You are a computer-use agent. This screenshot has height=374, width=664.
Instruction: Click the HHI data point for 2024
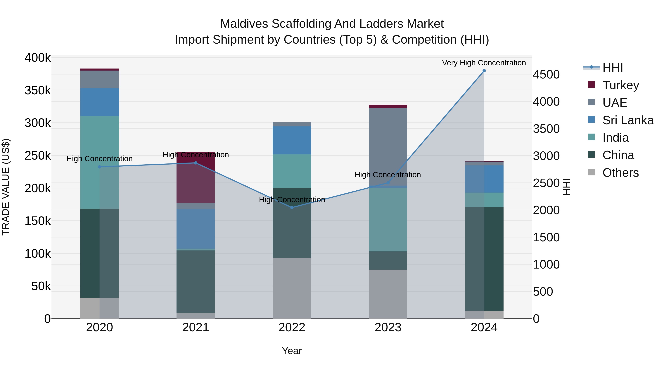pyautogui.click(x=484, y=71)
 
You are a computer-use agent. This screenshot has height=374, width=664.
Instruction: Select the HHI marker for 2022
pyautogui.click(x=292, y=208)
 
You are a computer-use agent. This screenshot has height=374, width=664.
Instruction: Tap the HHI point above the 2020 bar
pyautogui.click(x=99, y=167)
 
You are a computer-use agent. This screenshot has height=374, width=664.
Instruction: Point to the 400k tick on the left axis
pyautogui.click(x=38, y=58)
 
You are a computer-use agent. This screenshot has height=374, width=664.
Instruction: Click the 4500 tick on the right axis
pyautogui.click(x=546, y=75)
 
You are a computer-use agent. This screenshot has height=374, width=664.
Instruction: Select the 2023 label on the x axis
pyautogui.click(x=388, y=327)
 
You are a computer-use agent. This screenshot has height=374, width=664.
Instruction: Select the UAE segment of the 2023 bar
pyautogui.click(x=388, y=145)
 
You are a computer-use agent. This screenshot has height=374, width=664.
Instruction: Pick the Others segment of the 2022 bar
pyautogui.click(x=292, y=288)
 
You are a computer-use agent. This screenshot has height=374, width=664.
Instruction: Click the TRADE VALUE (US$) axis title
pyautogui.click(x=6, y=187)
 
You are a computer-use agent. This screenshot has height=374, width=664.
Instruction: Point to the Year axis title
pyautogui.click(x=292, y=351)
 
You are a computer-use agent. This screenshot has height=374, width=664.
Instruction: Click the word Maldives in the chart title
pyautogui.click(x=244, y=24)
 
